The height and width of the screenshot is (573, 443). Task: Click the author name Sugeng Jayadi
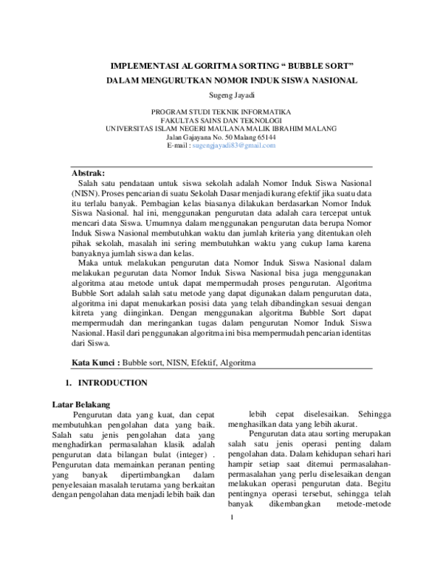point(221,95)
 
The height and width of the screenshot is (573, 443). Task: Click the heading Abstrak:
point(88,172)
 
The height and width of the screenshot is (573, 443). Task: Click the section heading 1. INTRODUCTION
point(107,383)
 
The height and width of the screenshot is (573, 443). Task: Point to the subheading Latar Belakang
point(81,405)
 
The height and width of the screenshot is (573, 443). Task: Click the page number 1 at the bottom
point(231,557)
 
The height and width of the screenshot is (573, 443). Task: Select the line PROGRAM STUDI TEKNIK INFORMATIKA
point(221,110)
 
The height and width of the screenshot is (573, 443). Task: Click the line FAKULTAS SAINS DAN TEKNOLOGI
point(221,119)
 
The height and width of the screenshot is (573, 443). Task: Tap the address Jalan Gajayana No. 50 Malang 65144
point(221,137)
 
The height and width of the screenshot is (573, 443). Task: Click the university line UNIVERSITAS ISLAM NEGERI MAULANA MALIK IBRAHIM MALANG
point(221,128)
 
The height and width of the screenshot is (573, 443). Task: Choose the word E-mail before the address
point(177,145)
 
